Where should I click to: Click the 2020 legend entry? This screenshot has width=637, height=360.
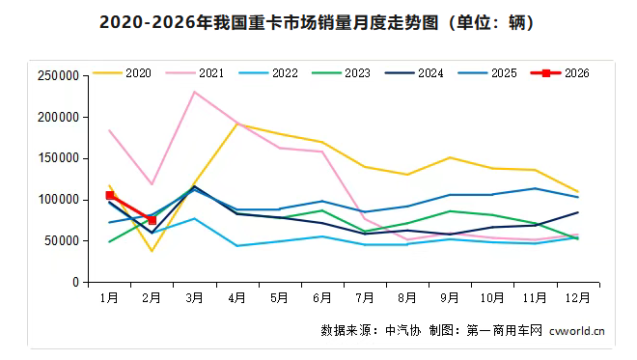pyautogui.click(x=126, y=73)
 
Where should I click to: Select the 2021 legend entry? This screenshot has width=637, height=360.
pyautogui.click(x=199, y=73)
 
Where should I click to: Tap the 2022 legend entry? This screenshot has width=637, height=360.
pyautogui.click(x=271, y=73)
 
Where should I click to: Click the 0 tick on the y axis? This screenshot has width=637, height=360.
pyautogui.click(x=76, y=283)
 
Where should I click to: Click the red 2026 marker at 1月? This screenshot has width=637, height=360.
pyautogui.click(x=110, y=195)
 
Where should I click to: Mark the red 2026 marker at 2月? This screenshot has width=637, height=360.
pyautogui.click(x=152, y=220)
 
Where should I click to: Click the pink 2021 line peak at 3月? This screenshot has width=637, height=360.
pyautogui.click(x=194, y=93)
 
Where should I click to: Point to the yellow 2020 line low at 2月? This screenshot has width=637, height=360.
pyautogui.click(x=152, y=251)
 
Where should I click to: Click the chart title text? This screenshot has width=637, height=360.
pyautogui.click(x=318, y=21)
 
